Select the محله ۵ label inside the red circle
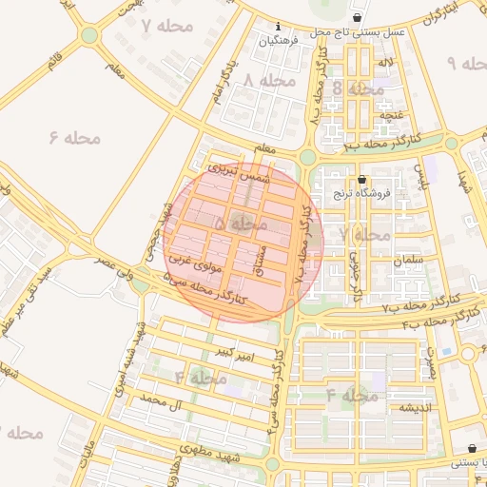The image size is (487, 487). click(240, 224)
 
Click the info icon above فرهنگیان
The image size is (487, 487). click(278, 26)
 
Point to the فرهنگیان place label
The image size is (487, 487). click(283, 41)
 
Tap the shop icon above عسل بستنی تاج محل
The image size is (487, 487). click(357, 17)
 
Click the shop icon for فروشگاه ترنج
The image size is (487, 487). click(361, 179)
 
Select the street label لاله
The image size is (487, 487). click(384, 63)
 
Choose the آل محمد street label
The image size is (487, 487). click(160, 404)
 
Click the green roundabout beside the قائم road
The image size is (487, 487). click(88, 35)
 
